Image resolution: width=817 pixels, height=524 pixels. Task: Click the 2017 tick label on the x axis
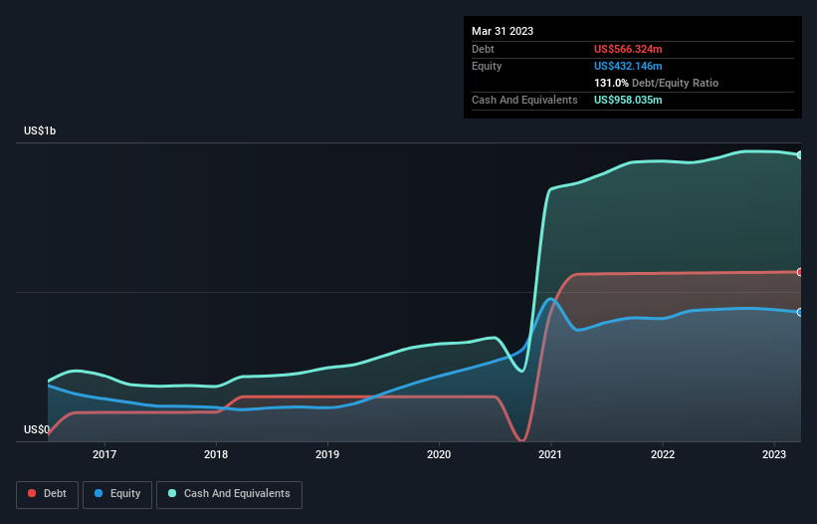click(104, 454)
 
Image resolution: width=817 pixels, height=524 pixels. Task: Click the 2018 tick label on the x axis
click(216, 454)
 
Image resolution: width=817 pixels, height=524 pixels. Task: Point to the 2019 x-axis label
click(327, 454)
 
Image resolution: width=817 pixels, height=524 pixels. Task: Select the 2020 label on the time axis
click(439, 454)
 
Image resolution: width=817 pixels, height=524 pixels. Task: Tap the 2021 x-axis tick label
click(550, 454)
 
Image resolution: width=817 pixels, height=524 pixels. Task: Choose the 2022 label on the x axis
click(663, 454)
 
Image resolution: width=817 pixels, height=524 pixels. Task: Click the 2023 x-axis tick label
click(774, 454)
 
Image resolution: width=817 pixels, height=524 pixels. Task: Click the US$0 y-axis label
click(37, 429)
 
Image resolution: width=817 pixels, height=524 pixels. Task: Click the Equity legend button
click(117, 493)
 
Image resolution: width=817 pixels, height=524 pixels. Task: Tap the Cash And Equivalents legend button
click(229, 493)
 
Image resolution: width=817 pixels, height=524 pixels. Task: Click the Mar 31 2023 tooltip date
click(503, 31)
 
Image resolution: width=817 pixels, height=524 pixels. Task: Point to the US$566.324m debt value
click(628, 49)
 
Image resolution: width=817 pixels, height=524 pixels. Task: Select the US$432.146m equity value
click(628, 66)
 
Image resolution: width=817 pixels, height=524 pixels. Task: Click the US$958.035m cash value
click(628, 100)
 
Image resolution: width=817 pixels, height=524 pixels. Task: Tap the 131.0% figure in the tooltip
click(611, 83)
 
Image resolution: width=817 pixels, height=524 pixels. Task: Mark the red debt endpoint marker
click(799, 272)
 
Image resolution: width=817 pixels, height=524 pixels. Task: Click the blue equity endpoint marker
click(799, 312)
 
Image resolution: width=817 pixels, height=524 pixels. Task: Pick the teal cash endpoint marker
click(799, 155)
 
